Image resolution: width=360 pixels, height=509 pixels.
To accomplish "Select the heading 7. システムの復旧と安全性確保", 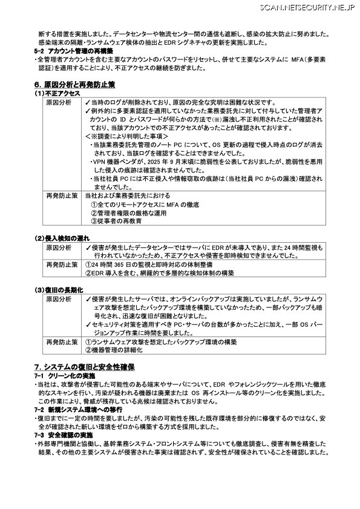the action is [84, 367].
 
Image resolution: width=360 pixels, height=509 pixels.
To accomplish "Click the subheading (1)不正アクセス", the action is [57, 94].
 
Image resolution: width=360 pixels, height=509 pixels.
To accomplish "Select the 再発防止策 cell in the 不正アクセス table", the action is [62, 196].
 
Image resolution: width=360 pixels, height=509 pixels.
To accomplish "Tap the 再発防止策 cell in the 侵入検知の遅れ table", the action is [62, 264].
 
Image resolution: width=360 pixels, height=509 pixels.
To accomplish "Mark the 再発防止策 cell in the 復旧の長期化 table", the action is [62, 342].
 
